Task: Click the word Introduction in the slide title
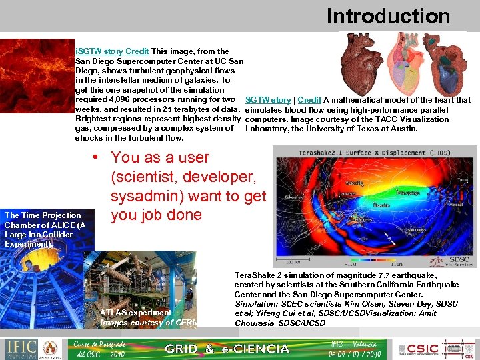tap(388, 16)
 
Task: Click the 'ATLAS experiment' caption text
tap(135, 312)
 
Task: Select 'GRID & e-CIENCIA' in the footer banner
tap(227, 349)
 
